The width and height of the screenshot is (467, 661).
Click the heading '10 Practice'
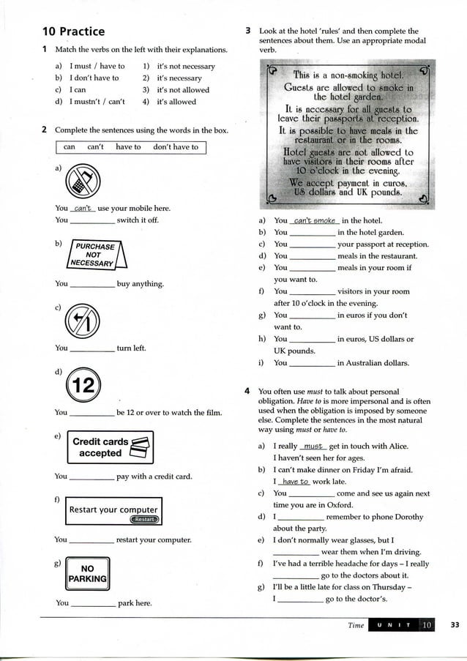pyautogui.click(x=73, y=31)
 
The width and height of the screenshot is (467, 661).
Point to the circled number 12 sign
pyautogui.click(x=84, y=385)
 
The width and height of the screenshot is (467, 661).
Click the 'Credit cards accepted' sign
pyautogui.click(x=110, y=447)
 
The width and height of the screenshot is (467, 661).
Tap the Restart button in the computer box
pyautogui.click(x=144, y=520)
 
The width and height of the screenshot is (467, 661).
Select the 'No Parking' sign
pyautogui.click(x=87, y=573)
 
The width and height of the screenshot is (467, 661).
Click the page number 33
pyautogui.click(x=455, y=624)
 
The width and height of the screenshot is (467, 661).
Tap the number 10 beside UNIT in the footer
pyautogui.click(x=427, y=624)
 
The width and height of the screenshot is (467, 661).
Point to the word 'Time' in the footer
pyautogui.click(x=356, y=625)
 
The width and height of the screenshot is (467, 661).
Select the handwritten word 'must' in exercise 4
pyautogui.click(x=313, y=446)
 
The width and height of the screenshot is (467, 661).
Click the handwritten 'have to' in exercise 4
pyautogui.click(x=296, y=482)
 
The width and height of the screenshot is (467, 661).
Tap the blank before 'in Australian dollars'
pyautogui.click(x=313, y=363)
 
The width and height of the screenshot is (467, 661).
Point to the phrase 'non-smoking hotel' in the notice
pyautogui.click(x=366, y=75)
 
